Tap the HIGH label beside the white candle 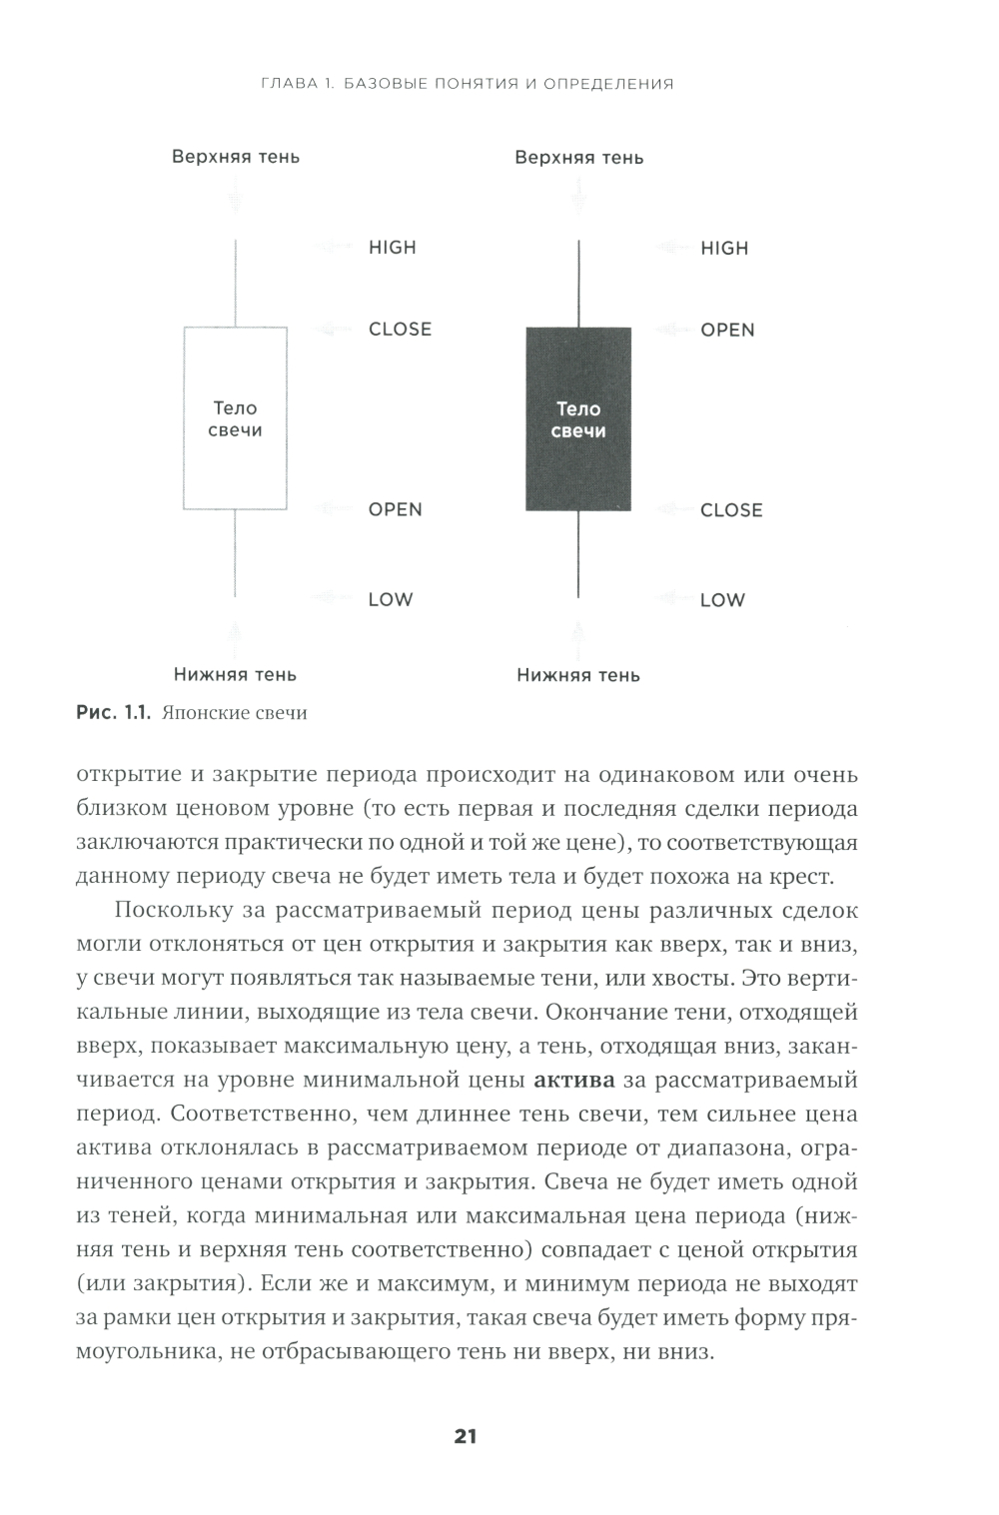click(x=393, y=248)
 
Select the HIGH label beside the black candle click(x=724, y=249)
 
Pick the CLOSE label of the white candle click(x=400, y=330)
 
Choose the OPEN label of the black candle click(x=727, y=331)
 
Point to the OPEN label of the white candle click(x=396, y=509)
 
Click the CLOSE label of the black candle click(x=731, y=510)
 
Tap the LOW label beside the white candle click(x=390, y=600)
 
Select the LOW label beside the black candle click(x=722, y=600)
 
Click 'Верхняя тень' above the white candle click(x=236, y=157)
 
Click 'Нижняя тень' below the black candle click(x=578, y=675)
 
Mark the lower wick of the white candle click(x=235, y=554)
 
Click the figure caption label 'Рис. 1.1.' click(x=113, y=713)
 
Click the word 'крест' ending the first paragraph click(x=801, y=877)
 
